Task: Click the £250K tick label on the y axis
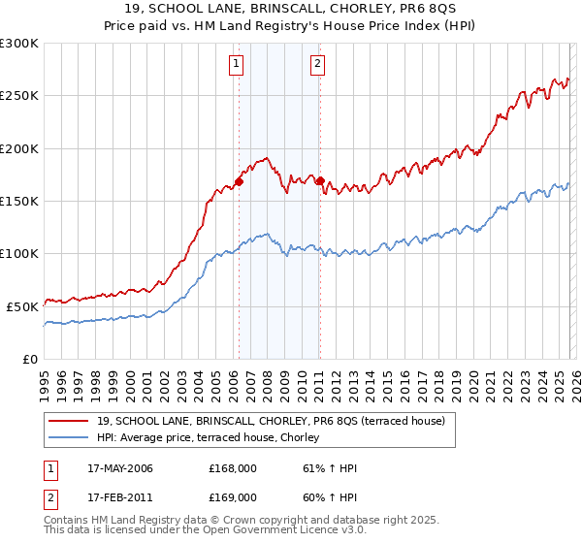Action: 19,96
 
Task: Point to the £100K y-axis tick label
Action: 19,253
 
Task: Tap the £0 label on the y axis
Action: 31,359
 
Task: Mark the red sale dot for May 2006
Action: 239,181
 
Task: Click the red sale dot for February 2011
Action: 319,180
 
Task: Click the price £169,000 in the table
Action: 233,496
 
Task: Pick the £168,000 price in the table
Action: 233,468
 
